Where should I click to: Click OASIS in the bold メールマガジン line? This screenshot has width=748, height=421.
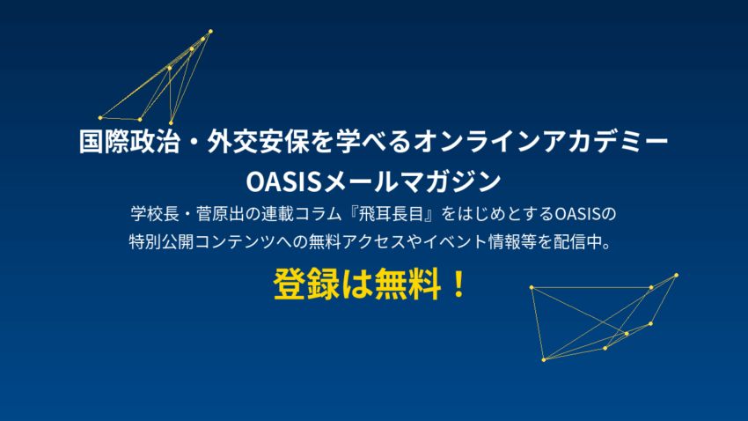pyautogui.click(x=286, y=181)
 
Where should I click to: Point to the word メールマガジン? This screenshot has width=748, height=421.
pyautogui.click(x=414, y=181)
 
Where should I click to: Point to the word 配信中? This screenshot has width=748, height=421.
pyautogui.click(x=587, y=241)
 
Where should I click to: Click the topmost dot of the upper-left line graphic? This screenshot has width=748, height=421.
pyautogui.click(x=210, y=32)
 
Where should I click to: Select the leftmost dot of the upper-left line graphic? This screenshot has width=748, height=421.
pyautogui.click(x=99, y=117)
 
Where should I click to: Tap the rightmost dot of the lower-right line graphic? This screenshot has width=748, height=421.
pyautogui.click(x=677, y=275)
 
